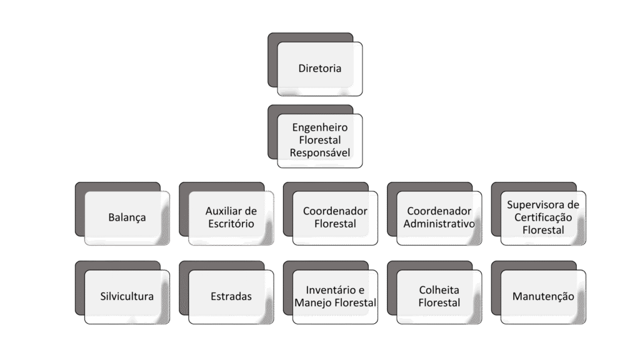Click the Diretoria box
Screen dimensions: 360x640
pyautogui.click(x=319, y=69)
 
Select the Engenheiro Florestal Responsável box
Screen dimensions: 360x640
pyautogui.click(x=319, y=140)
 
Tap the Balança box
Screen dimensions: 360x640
pyautogui.click(x=126, y=217)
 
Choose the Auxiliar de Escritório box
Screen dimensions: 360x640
pyautogui.click(x=231, y=217)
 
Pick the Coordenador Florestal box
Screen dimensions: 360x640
pyautogui.click(x=335, y=217)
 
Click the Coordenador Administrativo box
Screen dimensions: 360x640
pyautogui.click(x=439, y=217)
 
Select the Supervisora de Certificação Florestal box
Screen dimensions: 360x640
pyautogui.click(x=543, y=217)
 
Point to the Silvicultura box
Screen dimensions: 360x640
pyautogui.click(x=126, y=296)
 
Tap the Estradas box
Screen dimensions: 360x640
pyautogui.click(x=231, y=296)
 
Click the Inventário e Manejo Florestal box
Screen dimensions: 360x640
pyautogui.click(x=335, y=296)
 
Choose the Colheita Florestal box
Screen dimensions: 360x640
pyautogui.click(x=439, y=296)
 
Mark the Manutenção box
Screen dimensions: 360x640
pyautogui.click(x=543, y=296)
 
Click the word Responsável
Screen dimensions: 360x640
pyautogui.click(x=319, y=152)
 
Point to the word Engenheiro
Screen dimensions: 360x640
pyautogui.click(x=319, y=127)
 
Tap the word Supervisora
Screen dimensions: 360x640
pyautogui.click(x=543, y=205)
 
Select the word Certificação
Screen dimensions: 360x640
pyautogui.click(x=543, y=217)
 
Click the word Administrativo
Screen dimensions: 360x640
pyautogui.click(x=439, y=224)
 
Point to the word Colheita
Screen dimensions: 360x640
pyautogui.click(x=439, y=290)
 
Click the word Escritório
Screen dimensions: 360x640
pyautogui.click(x=231, y=224)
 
